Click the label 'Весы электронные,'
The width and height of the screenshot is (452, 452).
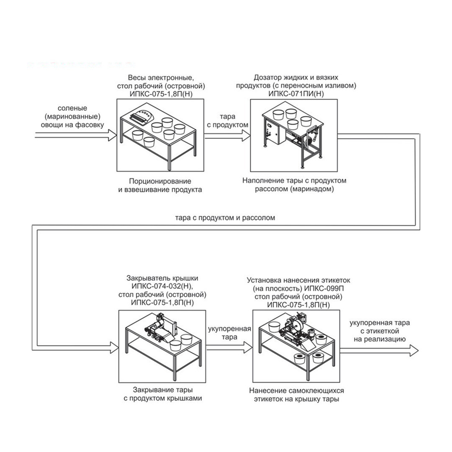[x=161, y=78]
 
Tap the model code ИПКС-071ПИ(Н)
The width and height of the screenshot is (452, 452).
[x=296, y=94]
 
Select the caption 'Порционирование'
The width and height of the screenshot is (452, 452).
[x=160, y=181]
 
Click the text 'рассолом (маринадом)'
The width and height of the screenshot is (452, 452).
[x=294, y=190]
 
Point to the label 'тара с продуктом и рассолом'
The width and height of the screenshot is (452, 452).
[x=225, y=218]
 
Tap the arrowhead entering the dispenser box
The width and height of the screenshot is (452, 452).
[x=246, y=136]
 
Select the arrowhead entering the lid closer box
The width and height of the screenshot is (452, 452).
[x=114, y=347]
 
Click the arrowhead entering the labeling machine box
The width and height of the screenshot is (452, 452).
[x=248, y=347]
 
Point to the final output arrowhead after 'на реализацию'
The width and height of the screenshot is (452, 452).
[x=414, y=350]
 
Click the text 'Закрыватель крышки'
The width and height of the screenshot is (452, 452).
[x=162, y=278]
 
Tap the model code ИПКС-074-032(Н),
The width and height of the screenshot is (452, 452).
[x=162, y=287]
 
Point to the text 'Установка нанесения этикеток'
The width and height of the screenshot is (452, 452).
[x=298, y=280]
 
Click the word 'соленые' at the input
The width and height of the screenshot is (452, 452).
[x=72, y=108]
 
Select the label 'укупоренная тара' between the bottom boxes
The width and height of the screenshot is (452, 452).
[x=229, y=333]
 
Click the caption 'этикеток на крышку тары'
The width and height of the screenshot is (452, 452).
[x=296, y=399]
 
